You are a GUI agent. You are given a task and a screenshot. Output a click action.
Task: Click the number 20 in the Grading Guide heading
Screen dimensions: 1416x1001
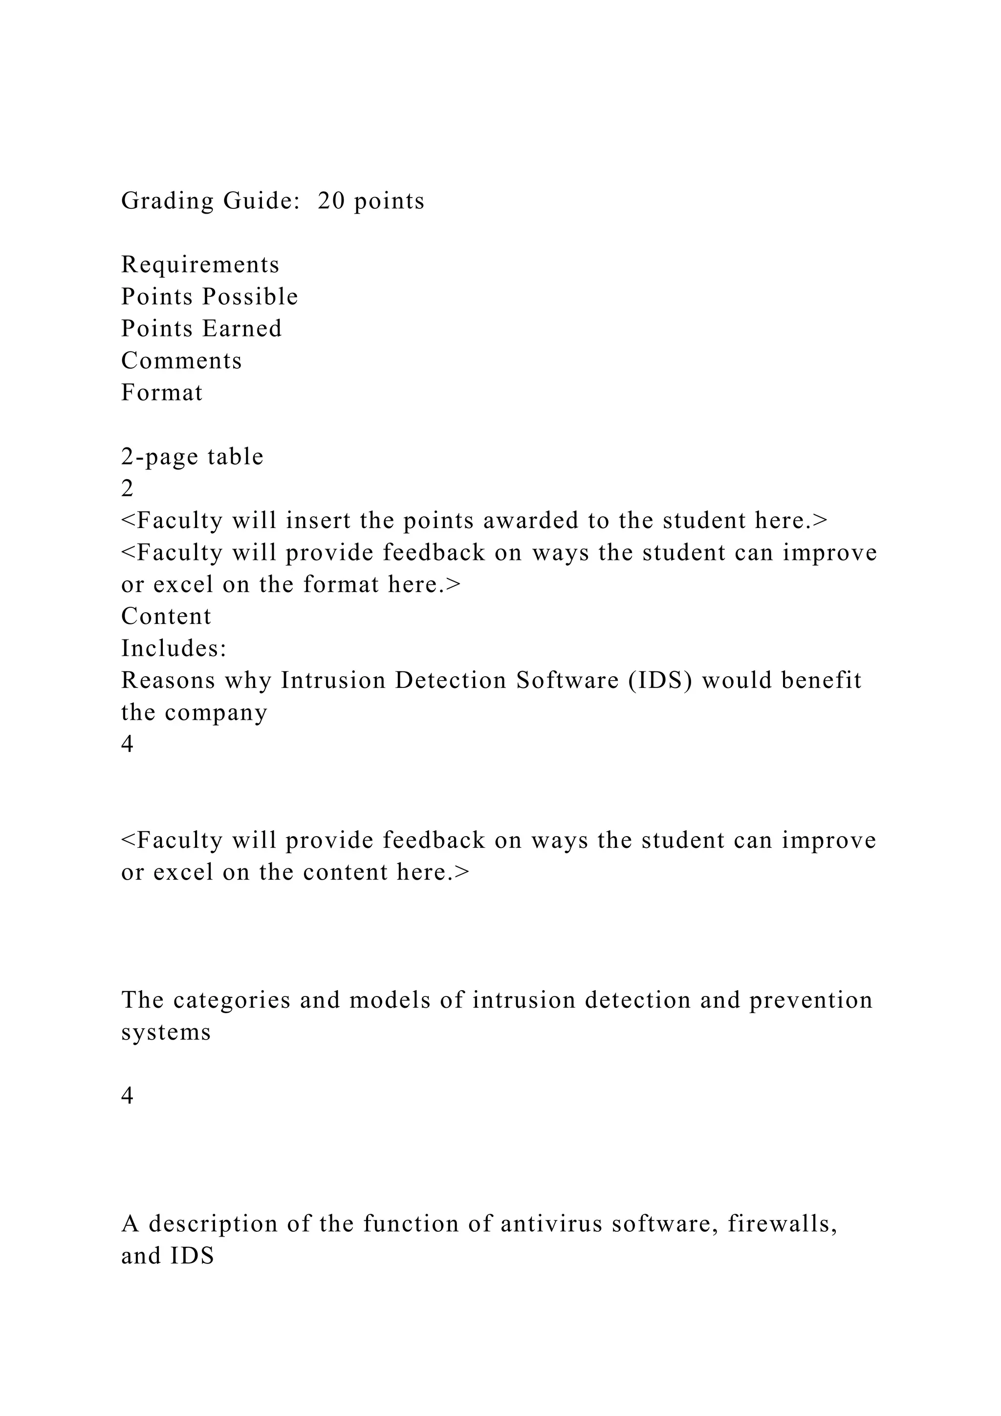tap(331, 201)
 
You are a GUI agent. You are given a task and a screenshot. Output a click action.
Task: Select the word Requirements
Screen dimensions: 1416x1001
tap(200, 265)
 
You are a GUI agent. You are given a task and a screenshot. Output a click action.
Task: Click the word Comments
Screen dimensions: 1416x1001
tap(182, 361)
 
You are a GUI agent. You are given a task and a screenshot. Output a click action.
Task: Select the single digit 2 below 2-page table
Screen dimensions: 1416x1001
tap(128, 489)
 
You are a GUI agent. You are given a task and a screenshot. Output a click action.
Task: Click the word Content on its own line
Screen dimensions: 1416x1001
tap(166, 617)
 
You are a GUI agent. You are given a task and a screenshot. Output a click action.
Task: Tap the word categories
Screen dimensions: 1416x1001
tap(232, 1000)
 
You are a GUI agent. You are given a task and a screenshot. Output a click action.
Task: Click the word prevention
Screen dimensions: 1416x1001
tap(811, 1000)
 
